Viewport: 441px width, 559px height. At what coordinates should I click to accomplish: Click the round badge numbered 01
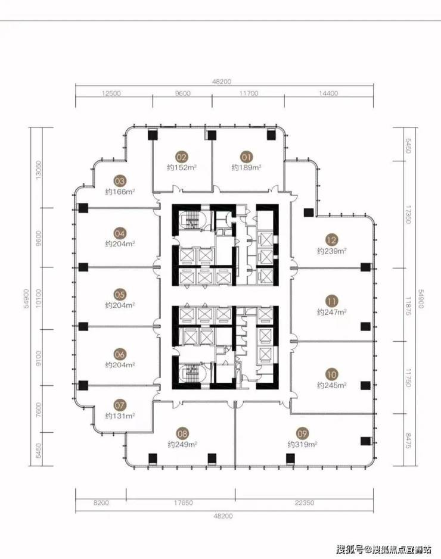(247, 157)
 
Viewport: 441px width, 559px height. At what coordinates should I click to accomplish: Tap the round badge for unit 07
(120, 405)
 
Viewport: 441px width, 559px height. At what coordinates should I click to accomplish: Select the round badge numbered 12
(331, 240)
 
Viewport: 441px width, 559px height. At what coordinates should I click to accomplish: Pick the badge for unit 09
(302, 433)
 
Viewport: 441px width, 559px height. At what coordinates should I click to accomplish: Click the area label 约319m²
(303, 445)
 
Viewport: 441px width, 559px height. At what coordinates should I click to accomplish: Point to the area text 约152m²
(182, 167)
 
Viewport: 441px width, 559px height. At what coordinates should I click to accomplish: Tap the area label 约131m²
(120, 416)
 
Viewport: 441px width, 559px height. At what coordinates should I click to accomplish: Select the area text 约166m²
(120, 192)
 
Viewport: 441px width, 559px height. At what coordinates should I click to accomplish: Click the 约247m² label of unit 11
(332, 313)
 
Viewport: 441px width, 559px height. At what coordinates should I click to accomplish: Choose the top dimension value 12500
(111, 93)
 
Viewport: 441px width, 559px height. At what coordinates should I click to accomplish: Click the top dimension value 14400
(328, 93)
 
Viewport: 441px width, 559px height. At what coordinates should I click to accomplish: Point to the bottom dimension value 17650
(183, 502)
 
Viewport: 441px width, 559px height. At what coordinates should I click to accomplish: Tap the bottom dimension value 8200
(101, 502)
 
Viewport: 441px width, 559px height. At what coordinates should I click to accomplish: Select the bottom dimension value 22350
(305, 502)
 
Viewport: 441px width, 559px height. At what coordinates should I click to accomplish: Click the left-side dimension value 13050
(39, 170)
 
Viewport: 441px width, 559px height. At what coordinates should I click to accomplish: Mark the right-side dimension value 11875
(409, 305)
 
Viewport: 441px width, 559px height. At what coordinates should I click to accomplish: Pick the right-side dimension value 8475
(409, 441)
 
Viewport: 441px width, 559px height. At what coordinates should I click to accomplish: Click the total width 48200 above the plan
(222, 82)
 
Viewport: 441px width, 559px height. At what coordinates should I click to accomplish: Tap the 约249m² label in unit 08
(182, 445)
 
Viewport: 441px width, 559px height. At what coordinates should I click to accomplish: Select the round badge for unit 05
(120, 295)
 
